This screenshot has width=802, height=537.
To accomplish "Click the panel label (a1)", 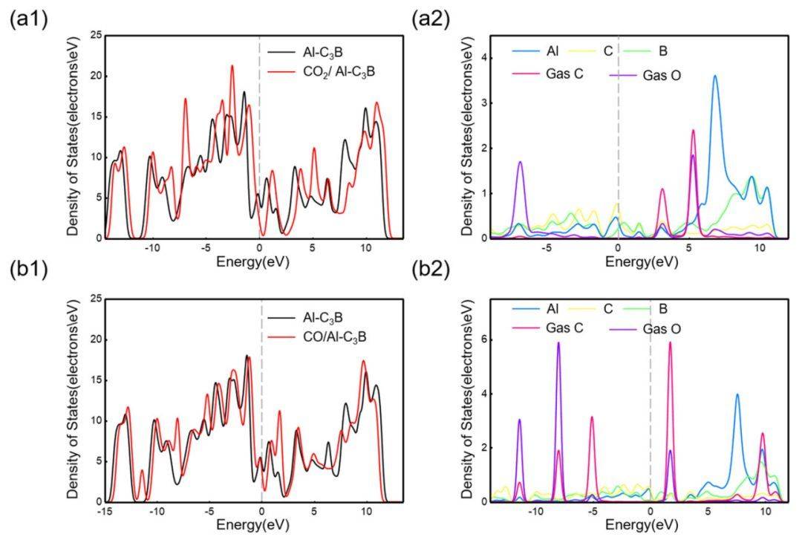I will point(28,20).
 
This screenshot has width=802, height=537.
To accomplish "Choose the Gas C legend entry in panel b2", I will point(545,328).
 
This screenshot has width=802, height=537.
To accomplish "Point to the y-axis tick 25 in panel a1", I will point(95,36).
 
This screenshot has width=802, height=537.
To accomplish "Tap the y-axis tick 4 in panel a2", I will point(483,56).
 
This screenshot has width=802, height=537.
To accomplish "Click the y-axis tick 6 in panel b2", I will point(483,339).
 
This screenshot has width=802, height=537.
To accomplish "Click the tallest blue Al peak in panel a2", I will point(715,76).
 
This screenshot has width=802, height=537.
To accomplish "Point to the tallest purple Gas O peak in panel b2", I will point(558,342).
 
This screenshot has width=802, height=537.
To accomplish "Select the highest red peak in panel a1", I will point(232,66).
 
